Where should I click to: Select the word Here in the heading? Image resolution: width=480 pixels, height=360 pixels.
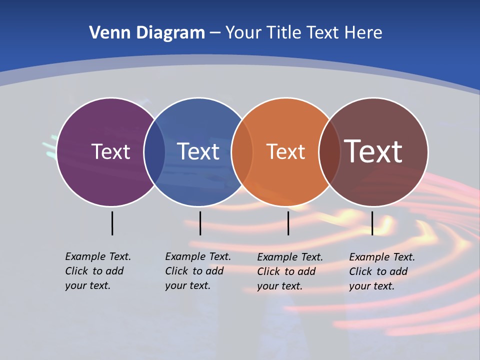[x=363, y=33]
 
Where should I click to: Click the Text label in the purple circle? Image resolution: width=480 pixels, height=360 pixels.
[x=110, y=151]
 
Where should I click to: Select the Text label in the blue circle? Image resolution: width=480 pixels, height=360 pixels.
[x=198, y=151]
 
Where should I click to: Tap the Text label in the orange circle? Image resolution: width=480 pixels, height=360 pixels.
[x=285, y=151]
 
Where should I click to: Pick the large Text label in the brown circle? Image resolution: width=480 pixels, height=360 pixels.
[x=373, y=151]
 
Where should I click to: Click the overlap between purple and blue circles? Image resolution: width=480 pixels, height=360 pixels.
[x=154, y=152]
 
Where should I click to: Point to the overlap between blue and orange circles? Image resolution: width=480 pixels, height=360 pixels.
[x=242, y=152]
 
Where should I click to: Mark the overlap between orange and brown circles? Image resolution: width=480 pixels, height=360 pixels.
[x=329, y=152]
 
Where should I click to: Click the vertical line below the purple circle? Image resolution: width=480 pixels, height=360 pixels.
[x=112, y=223]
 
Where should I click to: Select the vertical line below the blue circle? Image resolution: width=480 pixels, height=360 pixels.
[x=200, y=223]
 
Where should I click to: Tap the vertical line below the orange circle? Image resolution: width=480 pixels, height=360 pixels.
[x=288, y=223]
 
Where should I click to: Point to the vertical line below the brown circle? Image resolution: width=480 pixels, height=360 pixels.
[x=372, y=223]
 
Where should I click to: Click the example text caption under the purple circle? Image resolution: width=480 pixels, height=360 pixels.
[x=98, y=271]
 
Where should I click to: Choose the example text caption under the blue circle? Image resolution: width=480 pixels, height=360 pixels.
[x=198, y=271]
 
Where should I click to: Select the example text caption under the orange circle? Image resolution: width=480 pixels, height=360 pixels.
[x=290, y=271]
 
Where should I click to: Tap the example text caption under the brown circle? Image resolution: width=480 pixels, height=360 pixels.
[x=382, y=271]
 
